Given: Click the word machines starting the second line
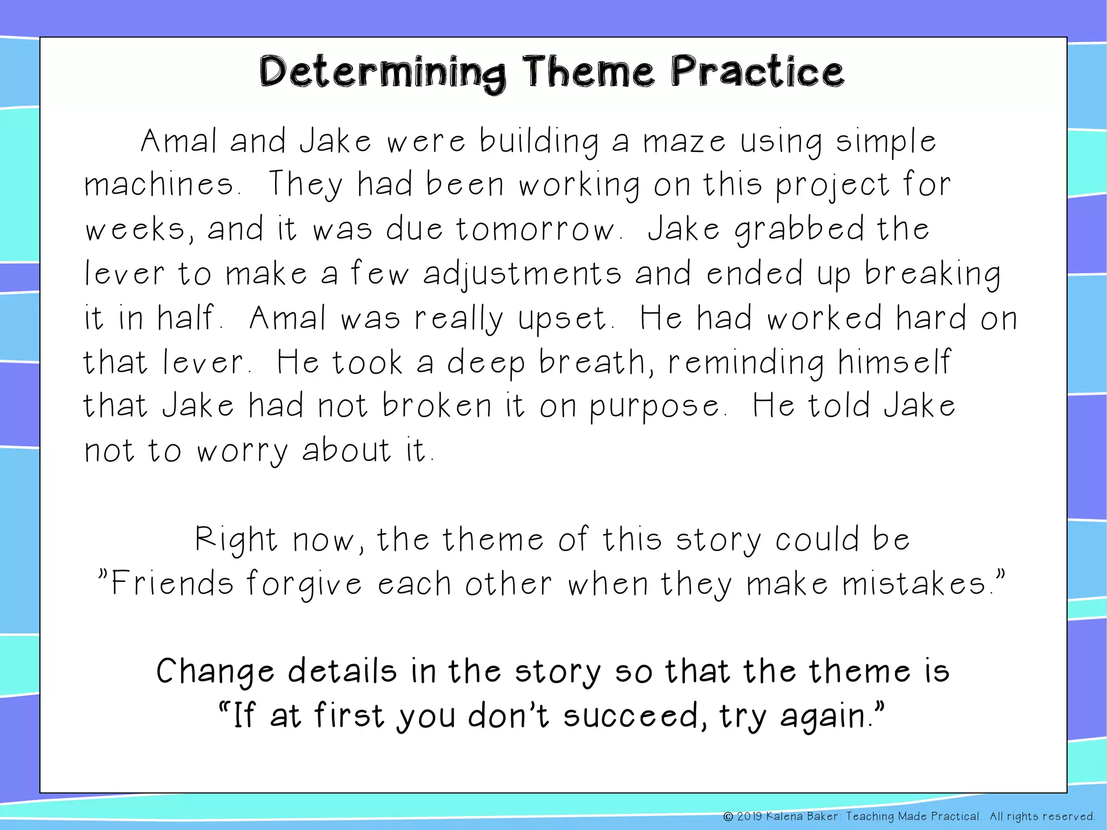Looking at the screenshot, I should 160,185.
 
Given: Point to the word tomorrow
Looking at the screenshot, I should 537,229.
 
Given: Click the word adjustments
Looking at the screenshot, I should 522,273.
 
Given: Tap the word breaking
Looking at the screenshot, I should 932,273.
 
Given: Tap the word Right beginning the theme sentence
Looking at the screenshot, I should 236,539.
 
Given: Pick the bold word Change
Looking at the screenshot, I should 215,672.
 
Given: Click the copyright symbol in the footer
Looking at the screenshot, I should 728,816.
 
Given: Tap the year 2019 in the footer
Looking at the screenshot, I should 749,816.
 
